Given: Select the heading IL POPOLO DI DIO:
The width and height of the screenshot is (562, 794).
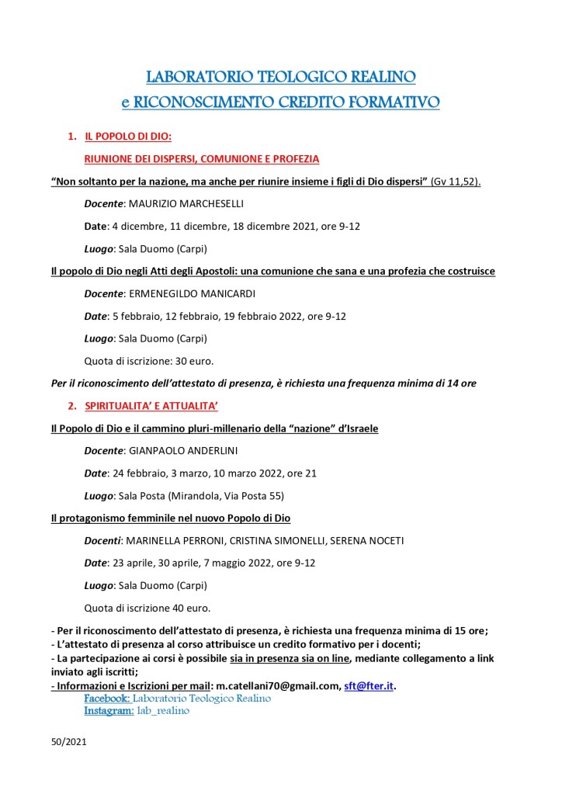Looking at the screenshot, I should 127,137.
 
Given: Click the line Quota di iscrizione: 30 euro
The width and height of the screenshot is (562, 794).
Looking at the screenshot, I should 148,361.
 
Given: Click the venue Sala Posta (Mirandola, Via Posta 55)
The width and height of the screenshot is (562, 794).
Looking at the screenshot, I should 206,495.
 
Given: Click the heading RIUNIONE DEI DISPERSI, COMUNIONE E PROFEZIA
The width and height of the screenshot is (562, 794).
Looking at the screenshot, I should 201,159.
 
